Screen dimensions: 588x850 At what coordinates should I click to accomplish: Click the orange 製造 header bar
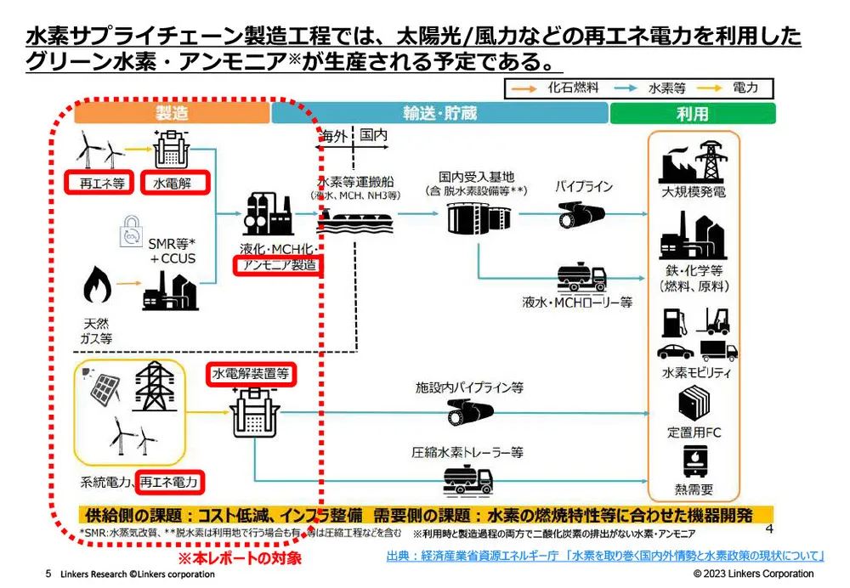(171, 113)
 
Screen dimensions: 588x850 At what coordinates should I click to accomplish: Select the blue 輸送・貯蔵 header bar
(439, 113)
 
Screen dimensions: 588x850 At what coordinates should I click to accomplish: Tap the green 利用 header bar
(692, 113)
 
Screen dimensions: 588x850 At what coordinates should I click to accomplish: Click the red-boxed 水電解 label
(173, 183)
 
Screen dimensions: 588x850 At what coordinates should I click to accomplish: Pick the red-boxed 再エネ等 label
(98, 183)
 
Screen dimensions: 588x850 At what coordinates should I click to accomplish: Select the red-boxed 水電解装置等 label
(252, 373)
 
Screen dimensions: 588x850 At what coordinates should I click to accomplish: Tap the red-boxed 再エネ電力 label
(171, 483)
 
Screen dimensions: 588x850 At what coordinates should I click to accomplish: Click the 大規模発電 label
(694, 192)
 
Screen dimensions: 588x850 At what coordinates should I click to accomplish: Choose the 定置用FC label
(694, 432)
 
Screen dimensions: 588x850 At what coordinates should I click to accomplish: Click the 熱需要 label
(694, 489)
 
